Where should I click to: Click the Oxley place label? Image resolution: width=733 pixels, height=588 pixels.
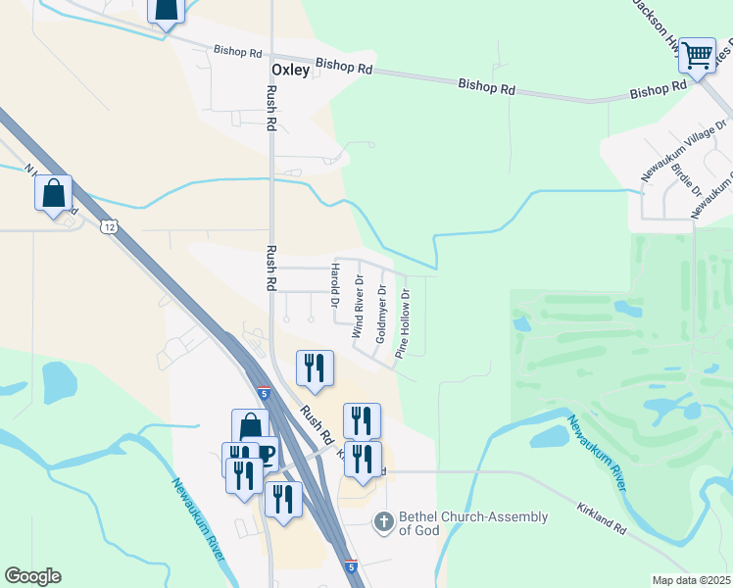coord(290,71)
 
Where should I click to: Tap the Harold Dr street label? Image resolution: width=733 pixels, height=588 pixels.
coord(334,286)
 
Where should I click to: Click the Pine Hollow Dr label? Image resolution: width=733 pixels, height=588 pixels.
coord(404,322)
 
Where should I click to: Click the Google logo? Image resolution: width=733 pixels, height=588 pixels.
coord(32,575)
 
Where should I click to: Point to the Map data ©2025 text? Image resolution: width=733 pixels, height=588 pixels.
coord(692,580)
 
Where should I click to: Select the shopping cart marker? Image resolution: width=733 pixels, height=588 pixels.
coord(697,56)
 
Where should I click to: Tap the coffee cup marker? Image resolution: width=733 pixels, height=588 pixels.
coord(265,453)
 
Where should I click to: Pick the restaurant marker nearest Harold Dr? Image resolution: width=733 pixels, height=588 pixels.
coord(315,368)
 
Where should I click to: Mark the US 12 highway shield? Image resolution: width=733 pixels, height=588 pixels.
coord(108,226)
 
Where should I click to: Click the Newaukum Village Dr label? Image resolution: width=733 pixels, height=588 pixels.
coord(672,153)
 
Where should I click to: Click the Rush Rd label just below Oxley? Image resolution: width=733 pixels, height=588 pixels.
coord(271,108)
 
